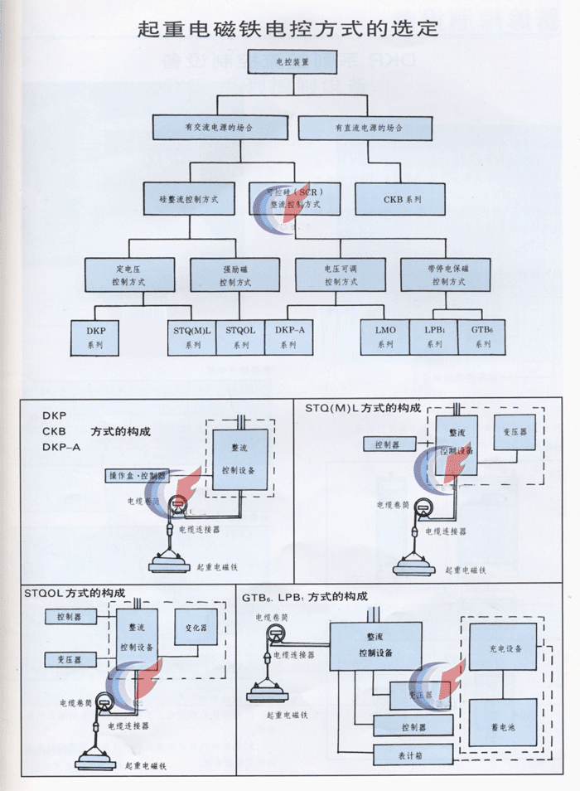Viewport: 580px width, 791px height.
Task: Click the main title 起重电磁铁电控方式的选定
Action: tap(290, 30)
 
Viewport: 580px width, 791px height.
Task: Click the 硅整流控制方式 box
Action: tap(188, 200)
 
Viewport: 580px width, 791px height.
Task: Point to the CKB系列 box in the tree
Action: tap(401, 200)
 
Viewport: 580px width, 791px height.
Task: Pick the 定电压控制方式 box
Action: tap(130, 275)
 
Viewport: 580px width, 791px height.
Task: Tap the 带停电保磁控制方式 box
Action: tap(446, 275)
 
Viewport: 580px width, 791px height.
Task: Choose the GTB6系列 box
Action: tap(481, 337)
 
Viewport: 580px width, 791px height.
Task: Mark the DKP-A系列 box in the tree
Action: tap(289, 337)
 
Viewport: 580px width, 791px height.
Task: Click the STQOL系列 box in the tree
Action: tap(240, 337)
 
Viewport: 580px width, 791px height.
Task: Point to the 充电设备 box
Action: tap(501, 648)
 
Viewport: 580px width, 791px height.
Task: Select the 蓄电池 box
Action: tap(501, 725)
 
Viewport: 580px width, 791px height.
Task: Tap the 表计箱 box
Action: tap(413, 755)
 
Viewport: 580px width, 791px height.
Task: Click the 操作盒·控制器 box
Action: tap(138, 476)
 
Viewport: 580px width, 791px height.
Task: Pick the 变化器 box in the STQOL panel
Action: tap(196, 628)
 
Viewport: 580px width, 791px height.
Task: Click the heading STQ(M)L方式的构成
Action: tap(363, 409)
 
